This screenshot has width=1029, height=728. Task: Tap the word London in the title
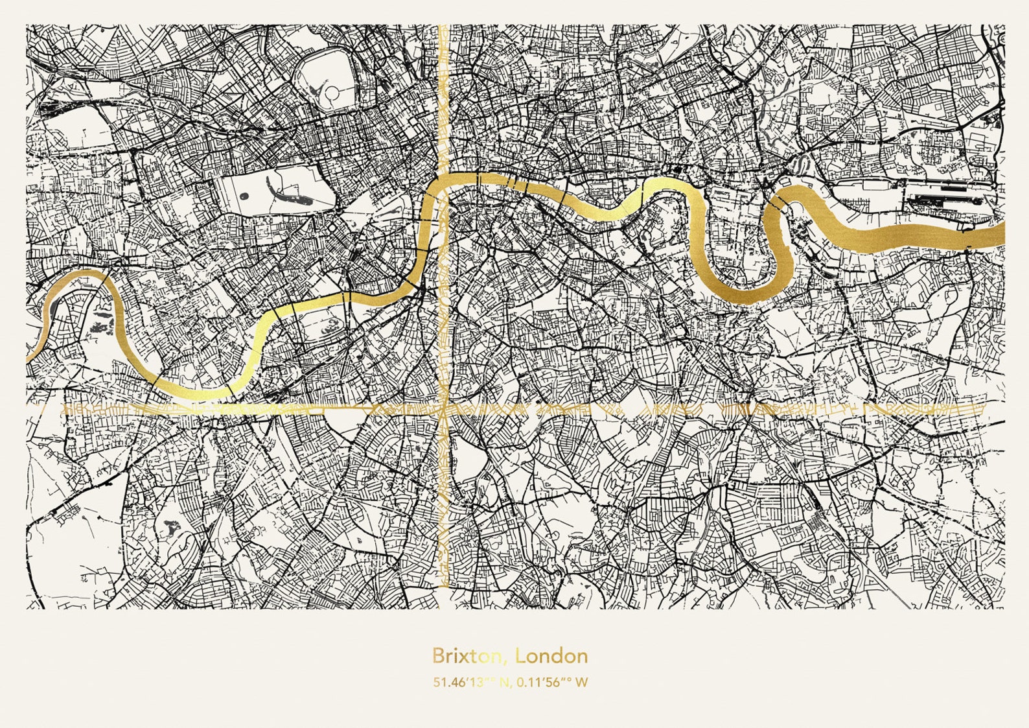pos(551,656)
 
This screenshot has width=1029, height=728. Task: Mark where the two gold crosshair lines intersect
pos(444,409)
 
